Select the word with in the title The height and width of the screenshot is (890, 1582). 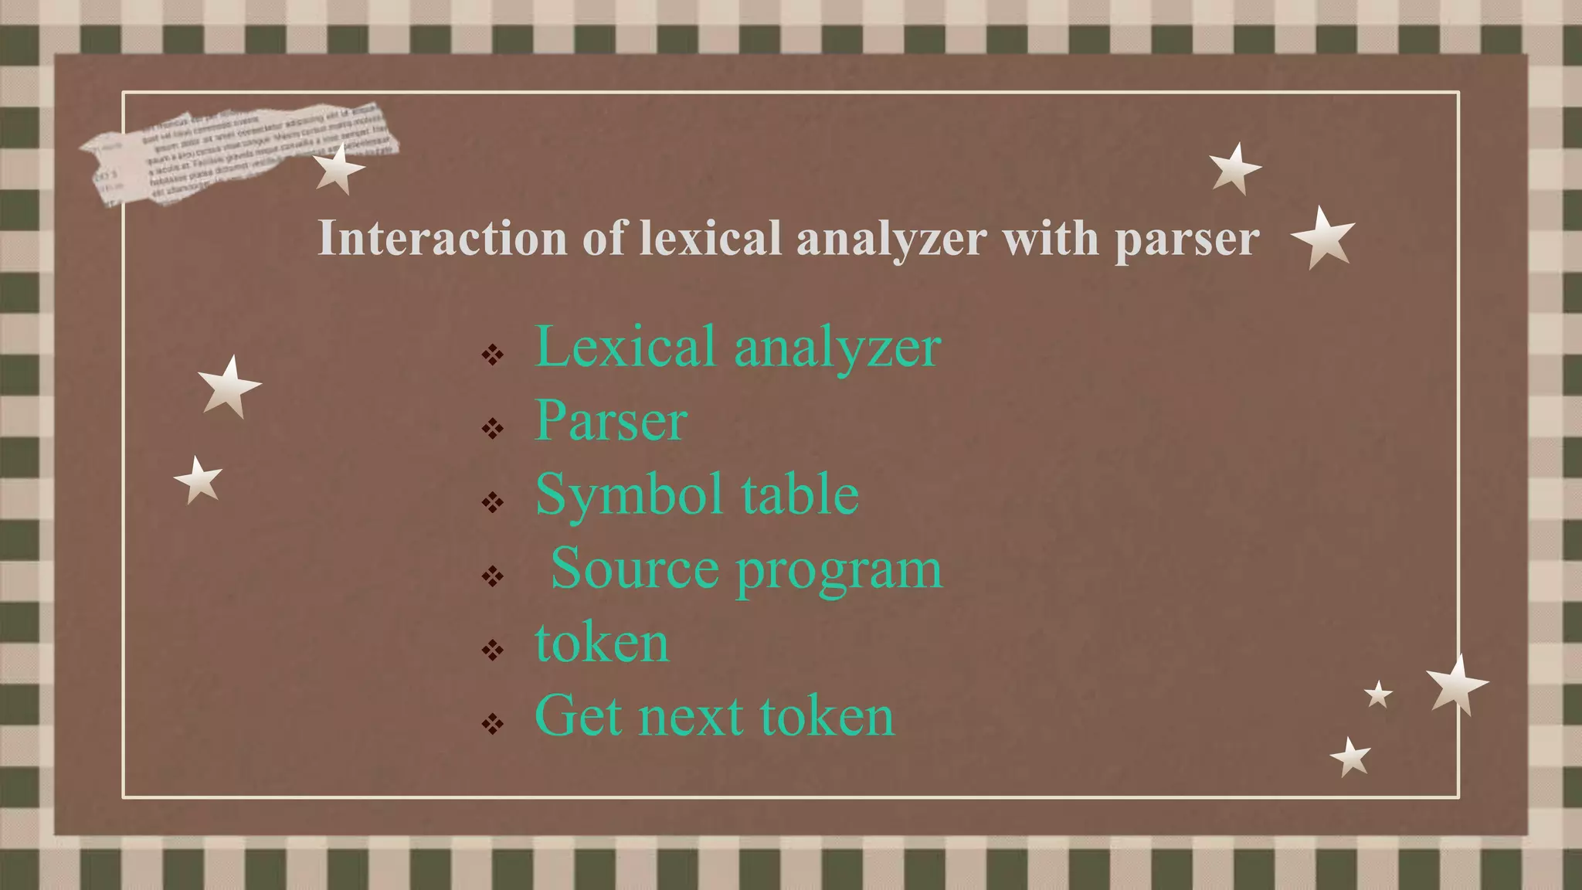[1051, 238]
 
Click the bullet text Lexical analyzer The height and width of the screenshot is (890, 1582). [738, 347]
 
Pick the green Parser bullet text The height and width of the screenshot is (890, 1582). [611, 421]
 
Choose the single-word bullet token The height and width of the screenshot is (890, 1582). [602, 643]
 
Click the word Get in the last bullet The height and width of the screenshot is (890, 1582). [578, 716]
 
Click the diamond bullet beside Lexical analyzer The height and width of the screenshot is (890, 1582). [492, 355]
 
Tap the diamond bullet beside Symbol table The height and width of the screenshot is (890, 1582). [492, 503]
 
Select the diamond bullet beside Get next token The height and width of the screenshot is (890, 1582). [492, 724]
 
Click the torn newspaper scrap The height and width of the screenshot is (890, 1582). [232, 151]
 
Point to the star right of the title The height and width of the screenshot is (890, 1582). [1323, 237]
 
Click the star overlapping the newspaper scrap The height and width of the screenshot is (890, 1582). [338, 168]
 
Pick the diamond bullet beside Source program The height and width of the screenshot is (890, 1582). [492, 576]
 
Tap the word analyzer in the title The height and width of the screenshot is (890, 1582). [891, 239]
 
